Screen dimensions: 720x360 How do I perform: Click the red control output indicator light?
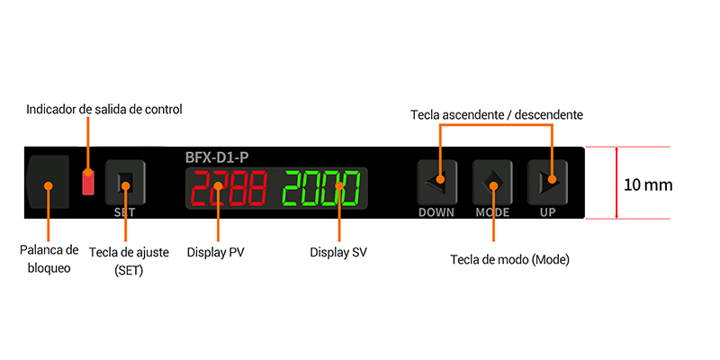88,182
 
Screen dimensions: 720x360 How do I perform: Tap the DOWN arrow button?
437,183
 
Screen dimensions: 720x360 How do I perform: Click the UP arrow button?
547,183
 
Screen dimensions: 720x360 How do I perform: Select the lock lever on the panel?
48,182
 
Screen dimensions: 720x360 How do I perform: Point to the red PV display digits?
229,188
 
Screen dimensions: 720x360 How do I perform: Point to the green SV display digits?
321,188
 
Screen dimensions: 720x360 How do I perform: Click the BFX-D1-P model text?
217,157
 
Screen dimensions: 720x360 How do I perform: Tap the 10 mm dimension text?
648,185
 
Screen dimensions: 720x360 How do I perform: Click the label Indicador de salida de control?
104,110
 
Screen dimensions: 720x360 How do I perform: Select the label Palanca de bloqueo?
49,259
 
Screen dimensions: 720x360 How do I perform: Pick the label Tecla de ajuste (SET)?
129,261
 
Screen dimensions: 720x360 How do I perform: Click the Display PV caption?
216,253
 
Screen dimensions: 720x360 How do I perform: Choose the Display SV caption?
338,253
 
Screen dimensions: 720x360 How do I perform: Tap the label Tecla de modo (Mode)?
509,260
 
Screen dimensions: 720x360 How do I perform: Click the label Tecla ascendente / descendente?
497,115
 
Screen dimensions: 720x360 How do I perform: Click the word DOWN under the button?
436,212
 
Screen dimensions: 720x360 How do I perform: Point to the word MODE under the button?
492,212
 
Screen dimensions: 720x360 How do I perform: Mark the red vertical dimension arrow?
616,183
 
